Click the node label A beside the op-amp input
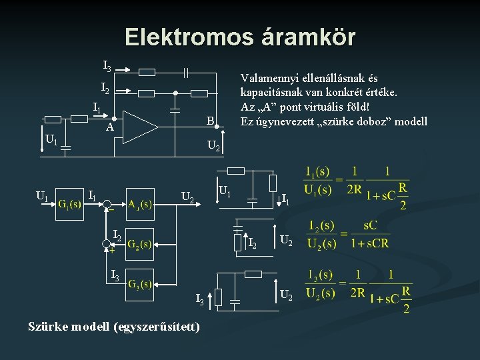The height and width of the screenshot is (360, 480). pyautogui.click(x=109, y=127)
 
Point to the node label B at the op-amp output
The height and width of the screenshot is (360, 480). pyautogui.click(x=209, y=121)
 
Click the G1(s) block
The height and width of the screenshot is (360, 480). pyautogui.click(x=69, y=203)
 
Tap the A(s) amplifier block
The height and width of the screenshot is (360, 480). pyautogui.click(x=140, y=203)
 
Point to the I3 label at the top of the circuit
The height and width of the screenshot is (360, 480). pyautogui.click(x=107, y=66)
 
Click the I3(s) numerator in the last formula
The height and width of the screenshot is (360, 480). pyautogui.click(x=319, y=275)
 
